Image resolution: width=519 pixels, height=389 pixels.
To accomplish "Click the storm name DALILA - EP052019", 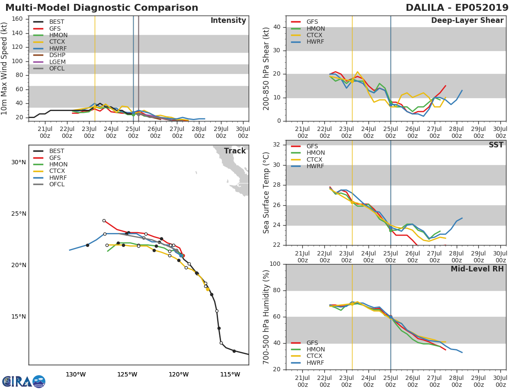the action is (x=457, y=7).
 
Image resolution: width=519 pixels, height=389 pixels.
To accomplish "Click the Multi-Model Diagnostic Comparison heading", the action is (x=102, y=7).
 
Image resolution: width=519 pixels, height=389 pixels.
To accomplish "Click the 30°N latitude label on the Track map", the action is (x=19, y=162).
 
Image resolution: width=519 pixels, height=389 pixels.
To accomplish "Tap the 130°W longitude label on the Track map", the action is (x=76, y=374).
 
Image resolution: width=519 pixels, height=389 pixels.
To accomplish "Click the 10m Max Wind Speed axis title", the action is (x=4, y=68).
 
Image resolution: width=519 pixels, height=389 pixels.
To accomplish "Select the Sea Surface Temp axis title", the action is (x=266, y=193).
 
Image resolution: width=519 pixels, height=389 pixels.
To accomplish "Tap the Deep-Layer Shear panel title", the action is (x=467, y=20).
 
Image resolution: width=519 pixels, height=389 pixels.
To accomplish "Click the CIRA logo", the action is (x=24, y=381).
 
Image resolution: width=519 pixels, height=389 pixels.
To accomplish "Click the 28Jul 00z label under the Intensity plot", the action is (x=199, y=132).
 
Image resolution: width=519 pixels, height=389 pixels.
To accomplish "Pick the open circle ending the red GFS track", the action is (x=104, y=220).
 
